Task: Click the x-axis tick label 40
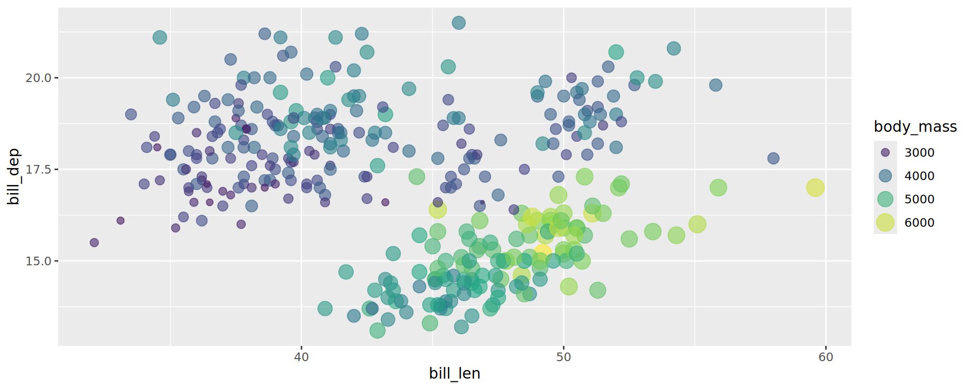301,357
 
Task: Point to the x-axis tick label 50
563,357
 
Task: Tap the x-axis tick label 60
825,357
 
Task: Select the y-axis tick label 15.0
38,261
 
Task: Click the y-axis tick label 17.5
38,170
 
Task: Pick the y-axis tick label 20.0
38,78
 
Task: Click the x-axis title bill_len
454,374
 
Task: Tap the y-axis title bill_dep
14,177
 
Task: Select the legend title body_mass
915,127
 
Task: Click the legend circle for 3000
885,152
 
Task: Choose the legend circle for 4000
885,176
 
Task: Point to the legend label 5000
919,199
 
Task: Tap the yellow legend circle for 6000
885,222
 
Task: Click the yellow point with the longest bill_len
815,187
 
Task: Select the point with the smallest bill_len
94,243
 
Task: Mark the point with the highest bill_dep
459,22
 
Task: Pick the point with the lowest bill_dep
377,331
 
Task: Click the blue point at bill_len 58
773,159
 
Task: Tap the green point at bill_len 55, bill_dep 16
697,224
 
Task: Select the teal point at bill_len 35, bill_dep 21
159,37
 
